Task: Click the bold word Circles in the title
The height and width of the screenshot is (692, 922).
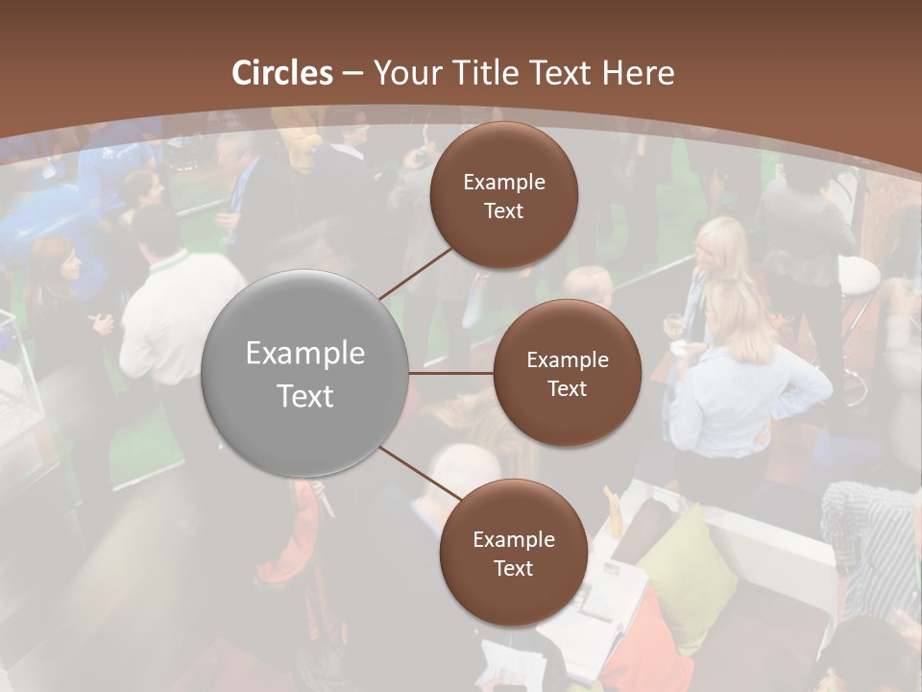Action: pyautogui.click(x=282, y=73)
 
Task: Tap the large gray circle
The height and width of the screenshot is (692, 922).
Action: pyautogui.click(x=305, y=373)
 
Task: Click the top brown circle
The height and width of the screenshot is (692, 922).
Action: pyautogui.click(x=504, y=195)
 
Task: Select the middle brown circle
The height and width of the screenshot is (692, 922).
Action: pyautogui.click(x=567, y=373)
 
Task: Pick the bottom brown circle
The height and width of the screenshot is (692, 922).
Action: pyautogui.click(x=513, y=553)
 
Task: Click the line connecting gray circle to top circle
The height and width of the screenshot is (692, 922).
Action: pyautogui.click(x=417, y=273)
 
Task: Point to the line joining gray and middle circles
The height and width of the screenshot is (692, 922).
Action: pyautogui.click(x=451, y=373)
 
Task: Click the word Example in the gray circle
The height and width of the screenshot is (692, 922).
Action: pyautogui.click(x=305, y=353)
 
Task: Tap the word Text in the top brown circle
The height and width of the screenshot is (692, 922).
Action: pyautogui.click(x=504, y=210)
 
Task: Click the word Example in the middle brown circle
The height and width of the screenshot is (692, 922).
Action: pyautogui.click(x=567, y=359)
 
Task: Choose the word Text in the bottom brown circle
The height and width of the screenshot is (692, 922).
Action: pyautogui.click(x=513, y=568)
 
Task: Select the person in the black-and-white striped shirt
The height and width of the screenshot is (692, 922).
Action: pyautogui.click(x=869, y=538)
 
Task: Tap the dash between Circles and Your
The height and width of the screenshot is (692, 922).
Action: pyautogui.click(x=352, y=74)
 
